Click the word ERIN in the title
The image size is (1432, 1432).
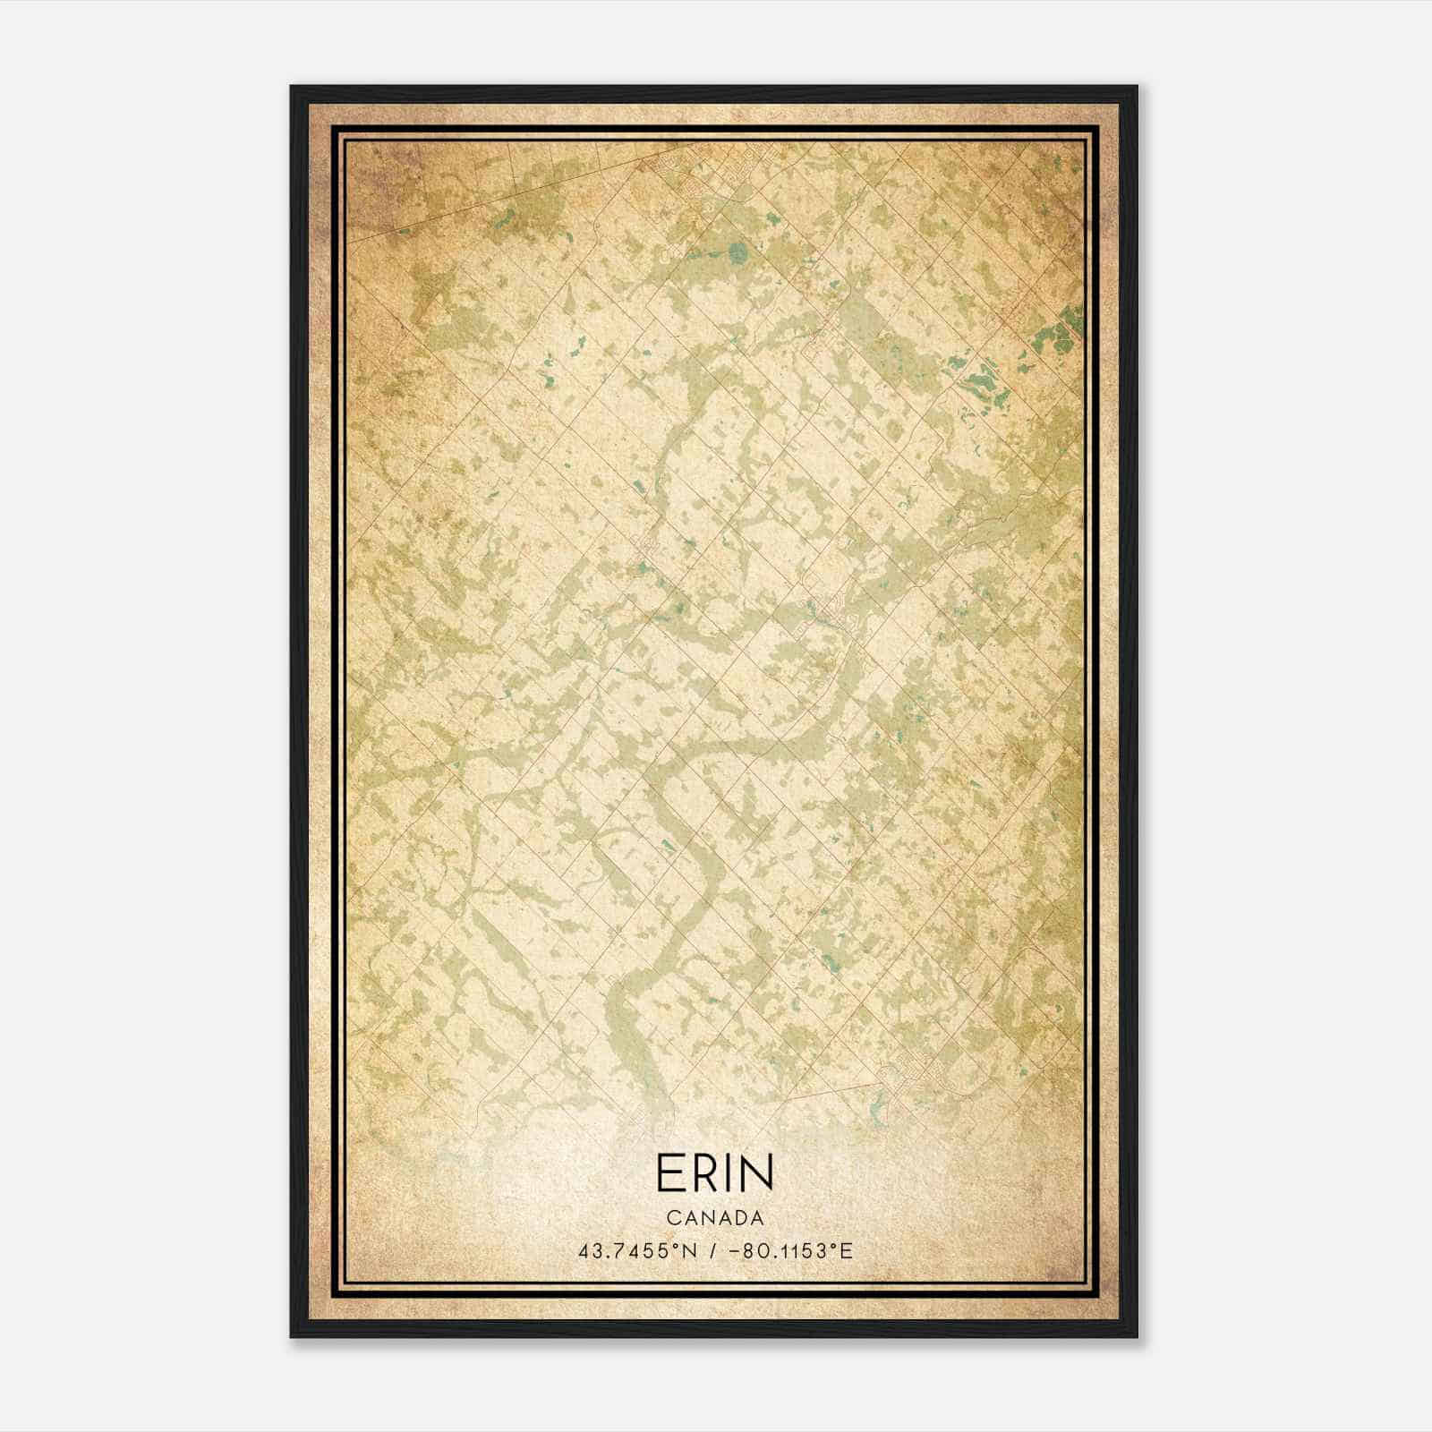[x=714, y=1172]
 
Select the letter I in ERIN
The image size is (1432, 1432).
[x=732, y=1172]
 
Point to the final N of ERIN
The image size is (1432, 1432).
[x=758, y=1172]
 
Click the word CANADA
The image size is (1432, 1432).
[x=715, y=1218]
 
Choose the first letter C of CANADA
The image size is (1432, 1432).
[x=672, y=1218]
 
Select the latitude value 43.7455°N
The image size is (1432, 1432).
[x=637, y=1250]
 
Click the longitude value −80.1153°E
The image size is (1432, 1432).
[x=788, y=1250]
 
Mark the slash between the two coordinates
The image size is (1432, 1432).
[x=713, y=1250]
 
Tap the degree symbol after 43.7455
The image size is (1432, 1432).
[x=681, y=1246]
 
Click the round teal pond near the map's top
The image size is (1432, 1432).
[x=737, y=251]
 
